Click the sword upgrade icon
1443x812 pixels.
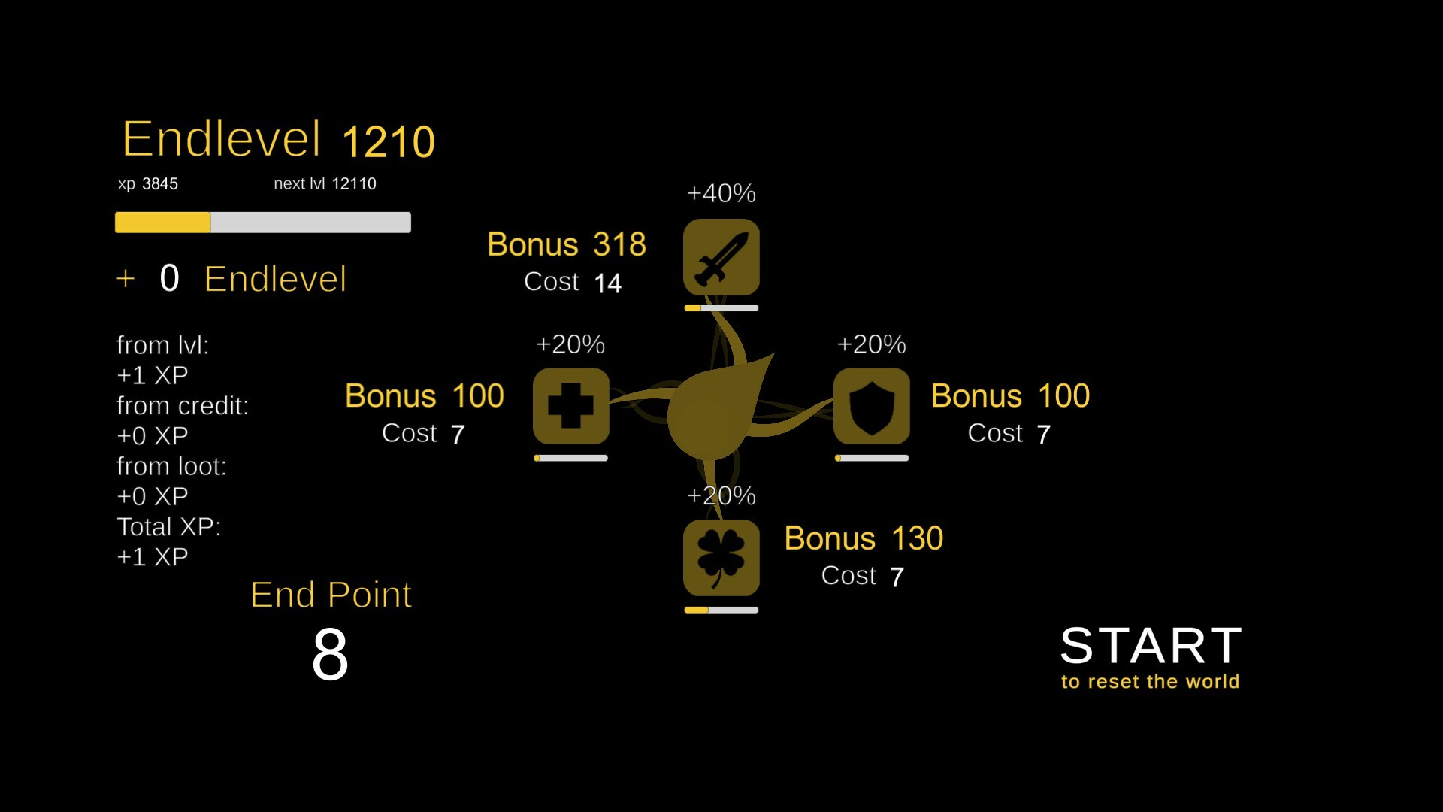tap(721, 257)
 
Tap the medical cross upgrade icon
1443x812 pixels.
tap(571, 406)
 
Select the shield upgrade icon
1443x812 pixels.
tap(872, 406)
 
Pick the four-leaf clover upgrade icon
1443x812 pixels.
tap(721, 558)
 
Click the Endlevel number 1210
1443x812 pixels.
tap(389, 141)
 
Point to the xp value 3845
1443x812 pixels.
tap(160, 183)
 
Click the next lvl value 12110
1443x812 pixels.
tap(354, 183)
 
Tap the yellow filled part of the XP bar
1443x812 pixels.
tap(162, 223)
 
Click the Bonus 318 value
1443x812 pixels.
tap(619, 244)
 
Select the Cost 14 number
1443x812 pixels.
tap(607, 283)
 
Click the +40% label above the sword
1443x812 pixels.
tap(721, 193)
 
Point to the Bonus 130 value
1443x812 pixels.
tap(917, 538)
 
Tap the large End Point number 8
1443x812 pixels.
tap(330, 655)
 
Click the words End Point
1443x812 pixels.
tap(331, 595)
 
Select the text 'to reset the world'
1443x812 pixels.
tap(1150, 682)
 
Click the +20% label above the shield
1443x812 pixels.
tap(872, 344)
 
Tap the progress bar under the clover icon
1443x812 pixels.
tap(721, 610)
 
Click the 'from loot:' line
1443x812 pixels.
tap(171, 466)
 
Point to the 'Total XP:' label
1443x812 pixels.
tap(169, 526)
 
